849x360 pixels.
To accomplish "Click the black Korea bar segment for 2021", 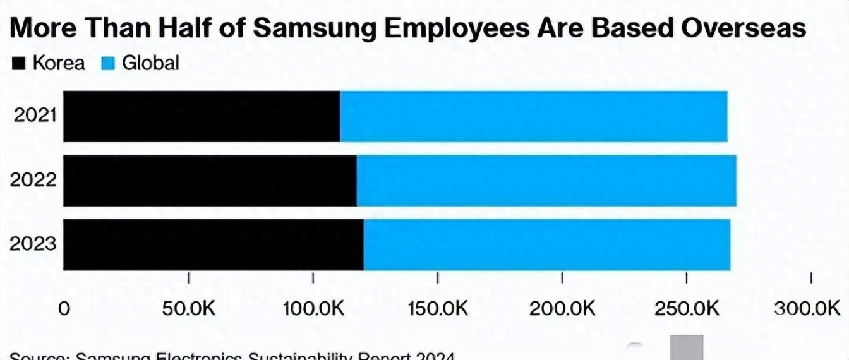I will [x=202, y=116].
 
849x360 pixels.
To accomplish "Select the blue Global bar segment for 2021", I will [x=533, y=116].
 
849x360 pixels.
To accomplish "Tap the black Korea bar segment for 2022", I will [x=210, y=181].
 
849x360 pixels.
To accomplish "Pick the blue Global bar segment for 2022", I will [x=546, y=181].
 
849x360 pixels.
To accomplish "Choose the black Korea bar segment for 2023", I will [x=214, y=244].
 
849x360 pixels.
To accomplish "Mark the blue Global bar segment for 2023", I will [x=547, y=244].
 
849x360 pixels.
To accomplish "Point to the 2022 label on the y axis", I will [x=33, y=181].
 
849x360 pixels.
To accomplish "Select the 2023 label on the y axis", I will [x=33, y=244].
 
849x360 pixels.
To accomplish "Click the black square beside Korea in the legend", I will [x=19, y=64].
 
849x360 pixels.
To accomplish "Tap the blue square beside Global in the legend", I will [x=108, y=64].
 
